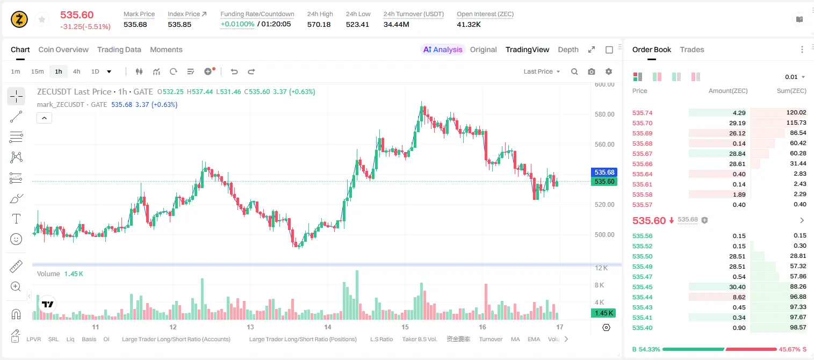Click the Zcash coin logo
point(19,19)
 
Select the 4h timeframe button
point(76,71)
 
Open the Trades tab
point(692,49)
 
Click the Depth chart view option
point(568,49)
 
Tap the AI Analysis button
point(443,49)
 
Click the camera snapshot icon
point(592,71)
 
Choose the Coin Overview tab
point(63,49)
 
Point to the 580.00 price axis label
point(604,114)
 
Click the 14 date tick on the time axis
point(328,327)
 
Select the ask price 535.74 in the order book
point(642,113)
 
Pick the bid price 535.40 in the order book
point(642,328)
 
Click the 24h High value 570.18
point(319,24)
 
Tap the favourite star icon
point(42,19)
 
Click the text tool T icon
point(16,219)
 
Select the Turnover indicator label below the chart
point(491,339)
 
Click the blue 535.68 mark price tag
point(604,172)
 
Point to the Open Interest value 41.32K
point(469,24)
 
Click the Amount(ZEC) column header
point(728,91)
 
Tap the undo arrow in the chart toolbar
point(234,71)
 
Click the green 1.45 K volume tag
point(603,313)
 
